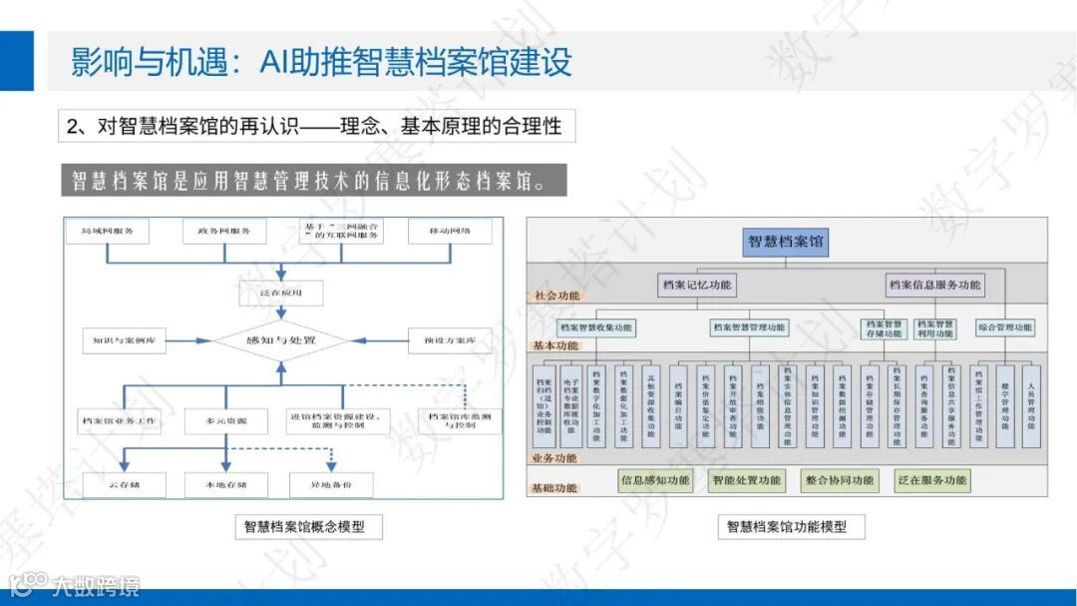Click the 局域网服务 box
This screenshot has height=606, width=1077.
(108, 232)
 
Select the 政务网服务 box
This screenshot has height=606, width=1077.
(224, 232)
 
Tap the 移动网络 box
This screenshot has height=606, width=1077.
(450, 232)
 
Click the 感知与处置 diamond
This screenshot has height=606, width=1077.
(281, 340)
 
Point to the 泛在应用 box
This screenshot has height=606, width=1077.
(281, 294)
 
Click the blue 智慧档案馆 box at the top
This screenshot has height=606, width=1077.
(787, 242)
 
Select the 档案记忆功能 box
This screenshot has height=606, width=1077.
(697, 286)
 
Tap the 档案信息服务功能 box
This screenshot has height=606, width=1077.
(934, 286)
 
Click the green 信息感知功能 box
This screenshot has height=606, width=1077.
(655, 480)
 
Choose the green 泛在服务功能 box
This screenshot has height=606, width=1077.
(931, 480)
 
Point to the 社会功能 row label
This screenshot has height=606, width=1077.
(555, 296)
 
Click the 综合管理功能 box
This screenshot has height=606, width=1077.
(1004, 327)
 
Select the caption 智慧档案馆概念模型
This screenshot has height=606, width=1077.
(311, 526)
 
